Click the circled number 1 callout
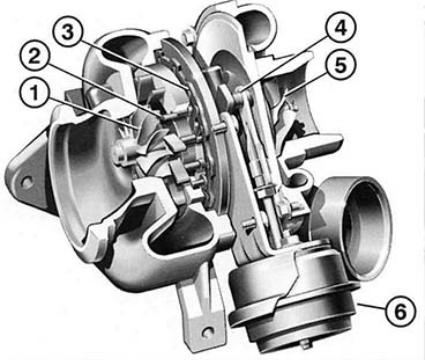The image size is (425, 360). coord(34,93)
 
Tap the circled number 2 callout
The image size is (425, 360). coord(34,57)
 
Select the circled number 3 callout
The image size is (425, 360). coord(68,32)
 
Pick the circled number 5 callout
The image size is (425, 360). coord(341,65)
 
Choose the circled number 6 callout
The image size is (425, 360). coord(401,311)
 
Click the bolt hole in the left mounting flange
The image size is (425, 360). coord(26,181)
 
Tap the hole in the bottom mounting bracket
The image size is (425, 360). coord(207,331)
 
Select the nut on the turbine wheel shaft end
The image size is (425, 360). coord(119,153)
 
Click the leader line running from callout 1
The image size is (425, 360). coord(91,112)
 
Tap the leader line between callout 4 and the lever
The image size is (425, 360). coord(284,63)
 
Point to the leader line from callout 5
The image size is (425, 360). coord(307,83)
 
